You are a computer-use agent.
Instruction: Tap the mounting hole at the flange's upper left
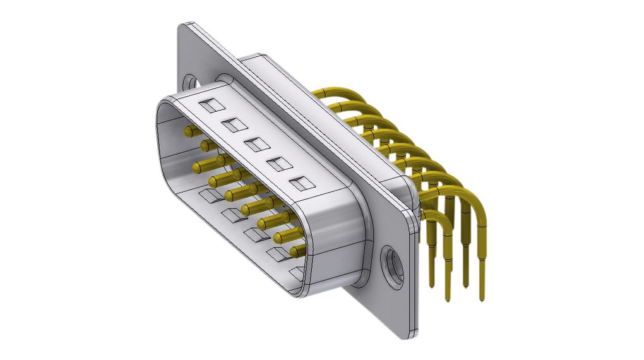coord(189,81)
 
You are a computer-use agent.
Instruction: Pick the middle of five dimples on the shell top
coord(254,145)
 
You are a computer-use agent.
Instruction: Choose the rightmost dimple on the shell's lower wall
coord(297,274)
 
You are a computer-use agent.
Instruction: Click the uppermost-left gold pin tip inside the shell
coord(188,131)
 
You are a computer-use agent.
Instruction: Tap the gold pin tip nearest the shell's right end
coord(294,251)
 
